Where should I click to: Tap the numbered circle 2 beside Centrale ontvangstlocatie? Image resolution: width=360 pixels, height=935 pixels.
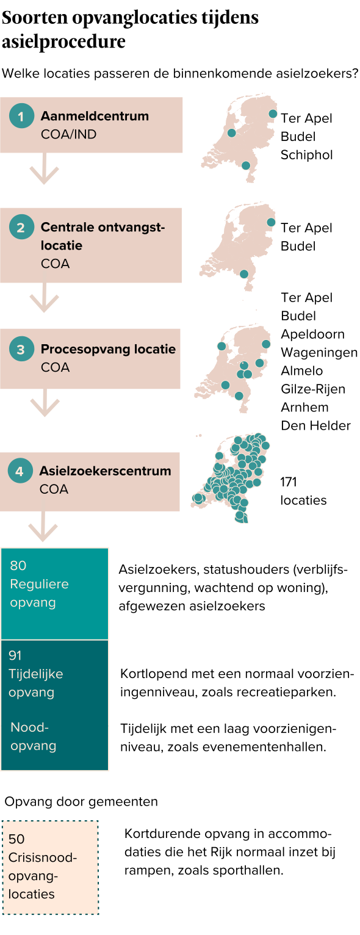pyautogui.click(x=21, y=227)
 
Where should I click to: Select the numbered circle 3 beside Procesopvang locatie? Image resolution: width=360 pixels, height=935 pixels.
pyautogui.click(x=21, y=349)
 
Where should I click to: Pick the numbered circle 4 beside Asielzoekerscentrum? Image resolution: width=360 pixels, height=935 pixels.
pyautogui.click(x=20, y=471)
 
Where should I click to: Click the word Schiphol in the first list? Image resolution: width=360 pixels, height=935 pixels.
pyautogui.click(x=306, y=155)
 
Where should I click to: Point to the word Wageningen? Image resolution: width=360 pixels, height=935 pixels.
pyautogui.click(x=319, y=353)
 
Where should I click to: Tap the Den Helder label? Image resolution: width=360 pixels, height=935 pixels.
pyautogui.click(x=316, y=425)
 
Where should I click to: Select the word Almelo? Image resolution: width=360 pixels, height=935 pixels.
pyautogui.click(x=301, y=370)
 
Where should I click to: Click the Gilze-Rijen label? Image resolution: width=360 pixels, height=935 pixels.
pyautogui.click(x=313, y=389)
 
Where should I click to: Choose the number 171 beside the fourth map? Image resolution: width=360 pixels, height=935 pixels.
pyautogui.click(x=288, y=482)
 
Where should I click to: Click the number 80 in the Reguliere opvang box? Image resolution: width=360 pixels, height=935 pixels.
pyautogui.click(x=18, y=565)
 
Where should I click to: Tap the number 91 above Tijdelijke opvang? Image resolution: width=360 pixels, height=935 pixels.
pyautogui.click(x=15, y=655)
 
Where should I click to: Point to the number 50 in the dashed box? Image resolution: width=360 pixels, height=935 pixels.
pyautogui.click(x=16, y=839)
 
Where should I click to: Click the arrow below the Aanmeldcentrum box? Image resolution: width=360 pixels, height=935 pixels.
pyautogui.click(x=44, y=168)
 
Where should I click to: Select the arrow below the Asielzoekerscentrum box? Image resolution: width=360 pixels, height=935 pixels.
pyautogui.click(x=43, y=526)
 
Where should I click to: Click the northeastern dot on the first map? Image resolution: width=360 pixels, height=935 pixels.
pyautogui.click(x=273, y=114)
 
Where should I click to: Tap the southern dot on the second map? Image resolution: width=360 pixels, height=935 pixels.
pyautogui.click(x=244, y=274)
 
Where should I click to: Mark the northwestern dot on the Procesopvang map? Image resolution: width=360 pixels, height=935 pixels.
pyautogui.click(x=221, y=346)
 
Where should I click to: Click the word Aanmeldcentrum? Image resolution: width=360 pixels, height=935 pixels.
pyautogui.click(x=95, y=116)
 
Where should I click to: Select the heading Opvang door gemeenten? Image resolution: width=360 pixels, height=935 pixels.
pyautogui.click(x=81, y=801)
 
